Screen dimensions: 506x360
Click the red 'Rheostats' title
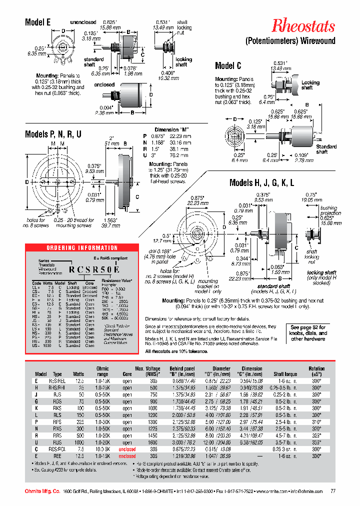coord(303,26)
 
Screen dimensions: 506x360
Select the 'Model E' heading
coord(38,22)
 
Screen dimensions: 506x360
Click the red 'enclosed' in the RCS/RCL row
coord(127,449)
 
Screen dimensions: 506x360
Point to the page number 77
coord(333,491)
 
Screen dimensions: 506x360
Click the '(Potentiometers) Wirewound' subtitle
coord(290,41)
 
